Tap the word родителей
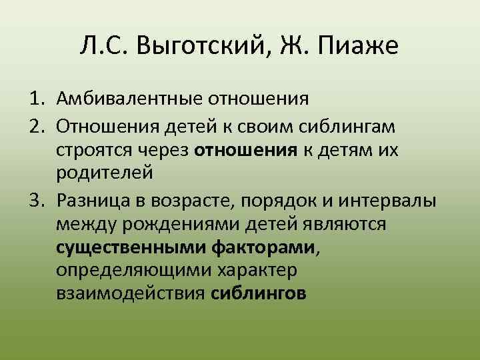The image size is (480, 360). pyautogui.click(x=105, y=173)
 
